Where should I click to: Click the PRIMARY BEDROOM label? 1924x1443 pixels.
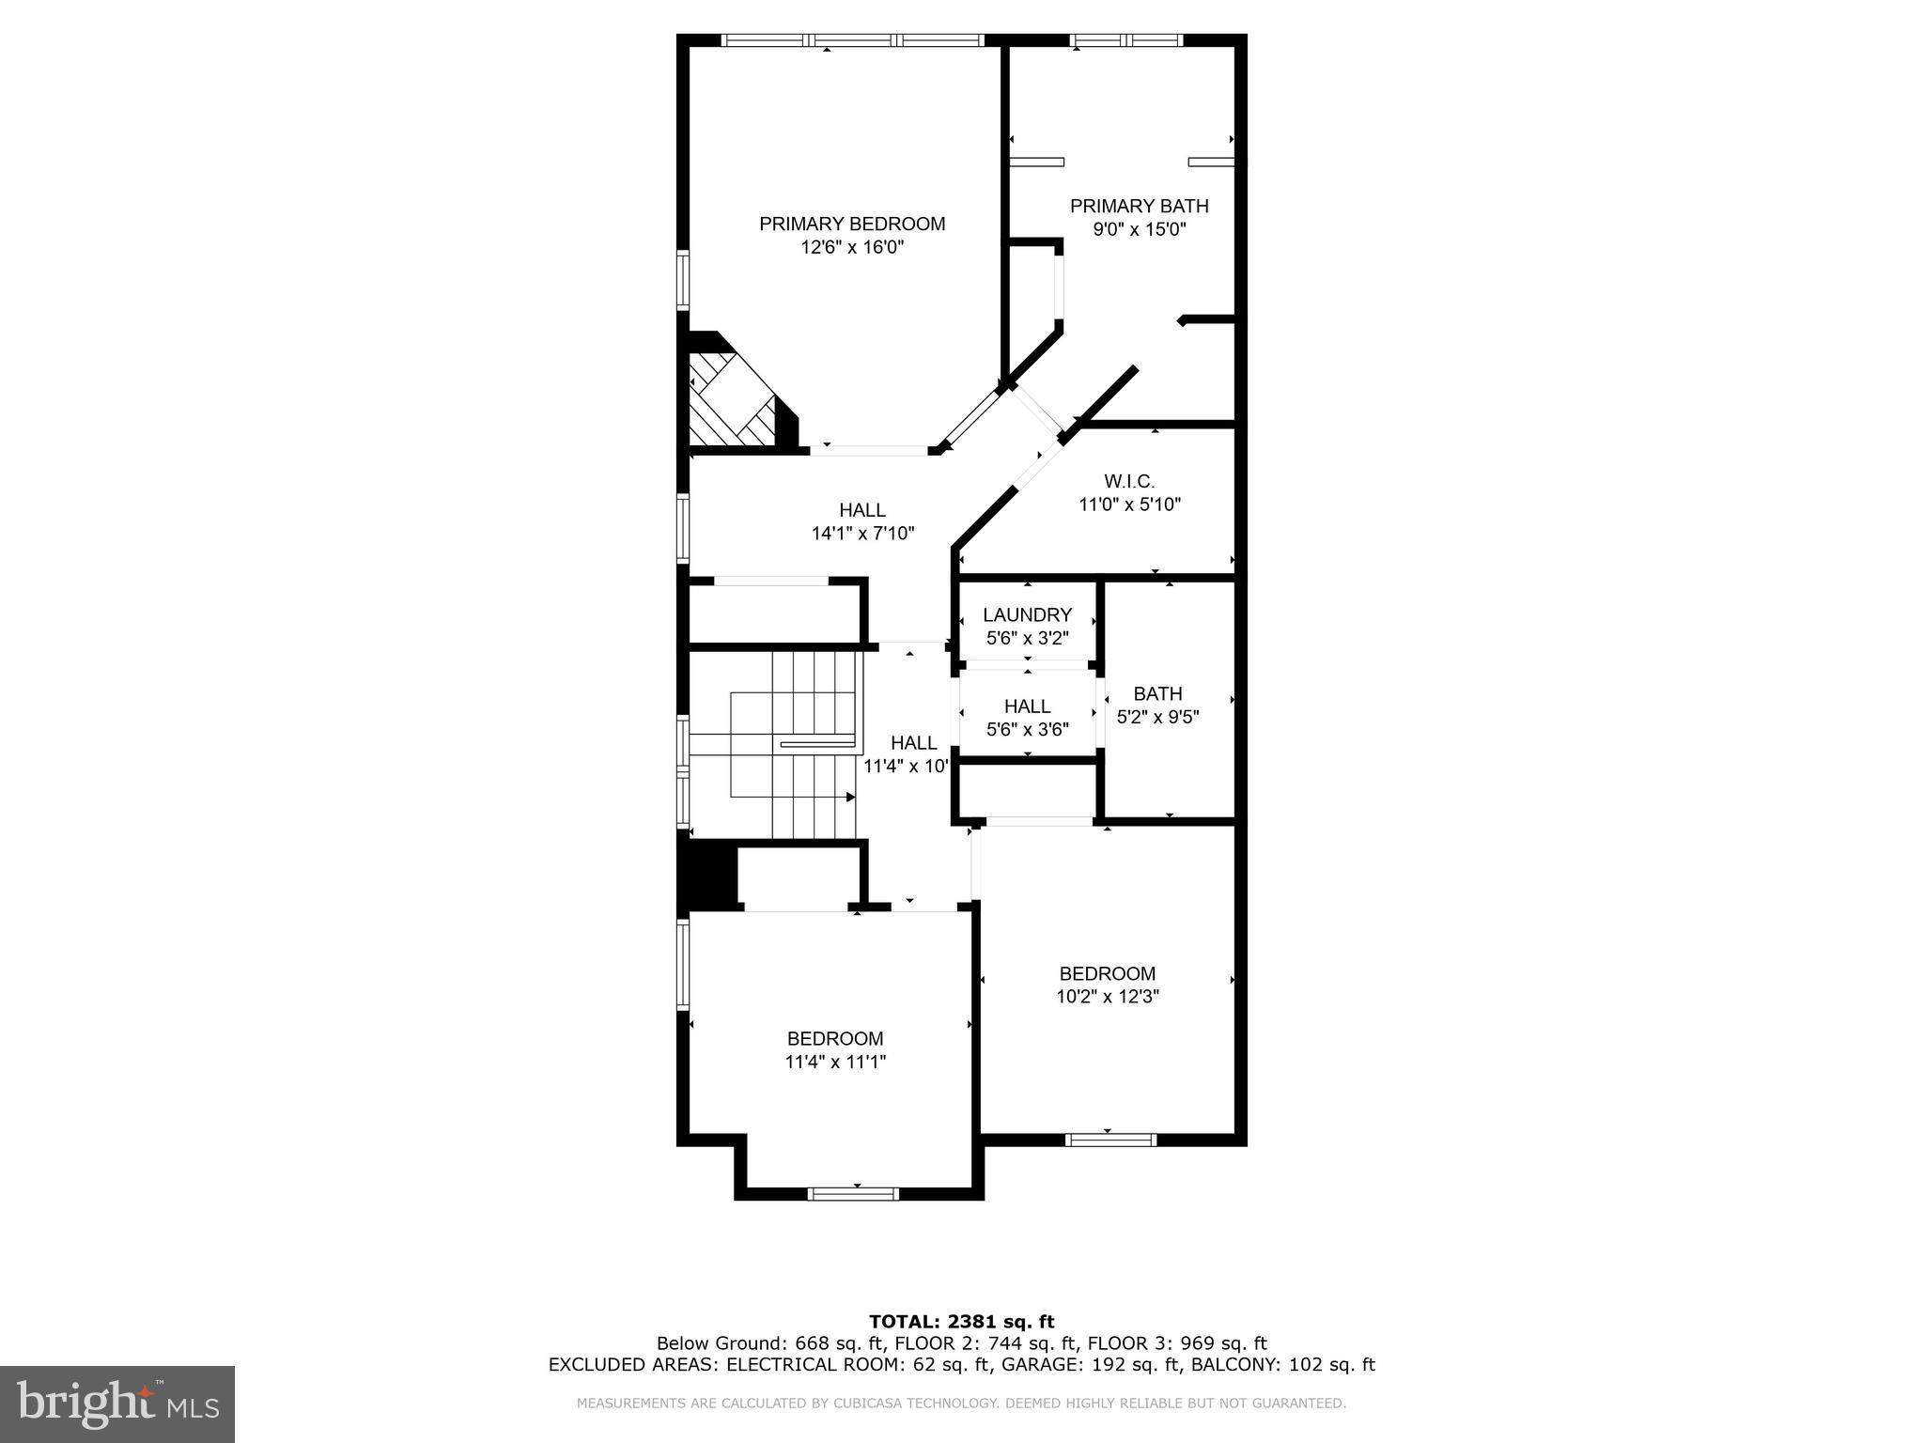click(852, 224)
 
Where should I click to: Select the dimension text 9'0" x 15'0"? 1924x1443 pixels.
click(1139, 229)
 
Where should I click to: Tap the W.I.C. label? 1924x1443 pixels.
click(1129, 481)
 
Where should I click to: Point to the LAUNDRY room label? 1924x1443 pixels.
click(1027, 615)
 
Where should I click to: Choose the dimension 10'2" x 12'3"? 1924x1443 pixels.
click(1107, 997)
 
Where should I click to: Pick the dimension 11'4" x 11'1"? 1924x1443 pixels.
click(835, 1063)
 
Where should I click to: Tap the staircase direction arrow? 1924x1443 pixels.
click(850, 797)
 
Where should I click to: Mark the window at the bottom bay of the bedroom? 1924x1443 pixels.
click(853, 1193)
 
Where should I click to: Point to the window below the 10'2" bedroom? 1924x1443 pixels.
click(1109, 1140)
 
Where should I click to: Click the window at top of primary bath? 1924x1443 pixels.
click(1126, 40)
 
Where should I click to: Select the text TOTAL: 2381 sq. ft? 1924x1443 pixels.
click(961, 1322)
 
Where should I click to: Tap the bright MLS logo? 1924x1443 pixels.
click(117, 1404)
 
